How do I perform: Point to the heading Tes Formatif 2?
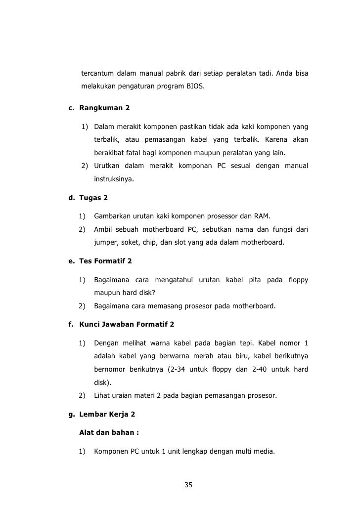[x=105, y=260]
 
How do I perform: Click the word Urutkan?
[x=108, y=167]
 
